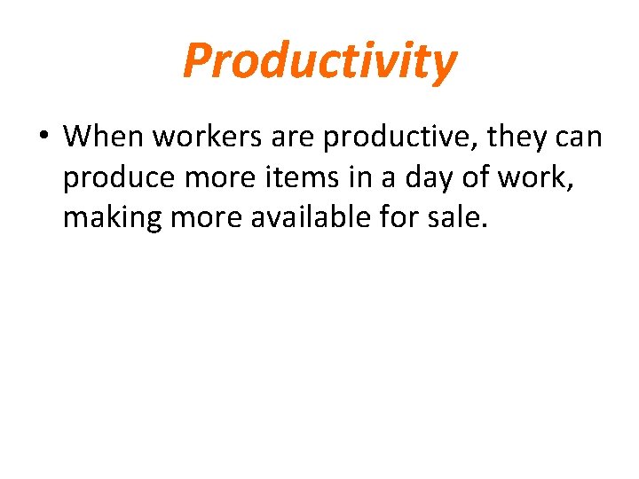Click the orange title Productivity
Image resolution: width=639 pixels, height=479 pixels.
click(x=319, y=61)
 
